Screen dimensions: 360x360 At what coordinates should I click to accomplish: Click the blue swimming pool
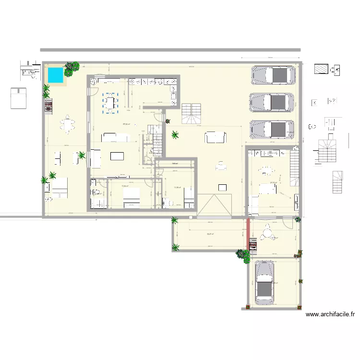click(x=55, y=75)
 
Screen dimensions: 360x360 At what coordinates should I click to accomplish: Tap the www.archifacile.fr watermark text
click(x=330, y=315)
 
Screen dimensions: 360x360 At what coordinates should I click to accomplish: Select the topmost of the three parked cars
click(x=273, y=75)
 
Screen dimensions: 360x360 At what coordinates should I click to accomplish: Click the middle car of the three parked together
click(x=273, y=102)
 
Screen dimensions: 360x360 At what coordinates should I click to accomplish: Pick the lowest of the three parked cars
click(x=273, y=129)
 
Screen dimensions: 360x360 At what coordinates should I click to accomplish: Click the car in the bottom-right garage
click(x=264, y=283)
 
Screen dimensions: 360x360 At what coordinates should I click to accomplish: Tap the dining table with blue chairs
click(x=110, y=103)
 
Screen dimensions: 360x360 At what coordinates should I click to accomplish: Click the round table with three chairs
click(x=265, y=234)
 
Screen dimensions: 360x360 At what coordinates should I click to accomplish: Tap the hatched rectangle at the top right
click(x=321, y=69)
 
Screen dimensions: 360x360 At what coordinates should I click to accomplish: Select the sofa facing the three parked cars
click(x=216, y=138)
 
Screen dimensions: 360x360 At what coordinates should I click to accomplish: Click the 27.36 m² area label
click(x=126, y=124)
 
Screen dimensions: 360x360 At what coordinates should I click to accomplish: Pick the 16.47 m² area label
click(x=210, y=234)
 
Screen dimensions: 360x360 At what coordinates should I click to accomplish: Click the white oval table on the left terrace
click(x=68, y=125)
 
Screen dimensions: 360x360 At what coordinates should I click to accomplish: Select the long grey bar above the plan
click(x=170, y=49)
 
